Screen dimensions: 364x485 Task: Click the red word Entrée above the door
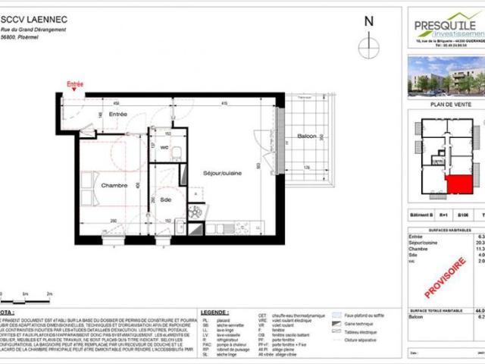point(74,84)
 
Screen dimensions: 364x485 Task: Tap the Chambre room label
point(114,184)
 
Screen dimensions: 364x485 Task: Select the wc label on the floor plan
point(164,147)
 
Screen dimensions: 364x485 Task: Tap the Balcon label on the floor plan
point(306,136)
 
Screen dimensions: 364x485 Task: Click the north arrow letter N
point(369,22)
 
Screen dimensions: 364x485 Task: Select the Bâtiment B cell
point(421,215)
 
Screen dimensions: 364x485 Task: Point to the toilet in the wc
point(175,151)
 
